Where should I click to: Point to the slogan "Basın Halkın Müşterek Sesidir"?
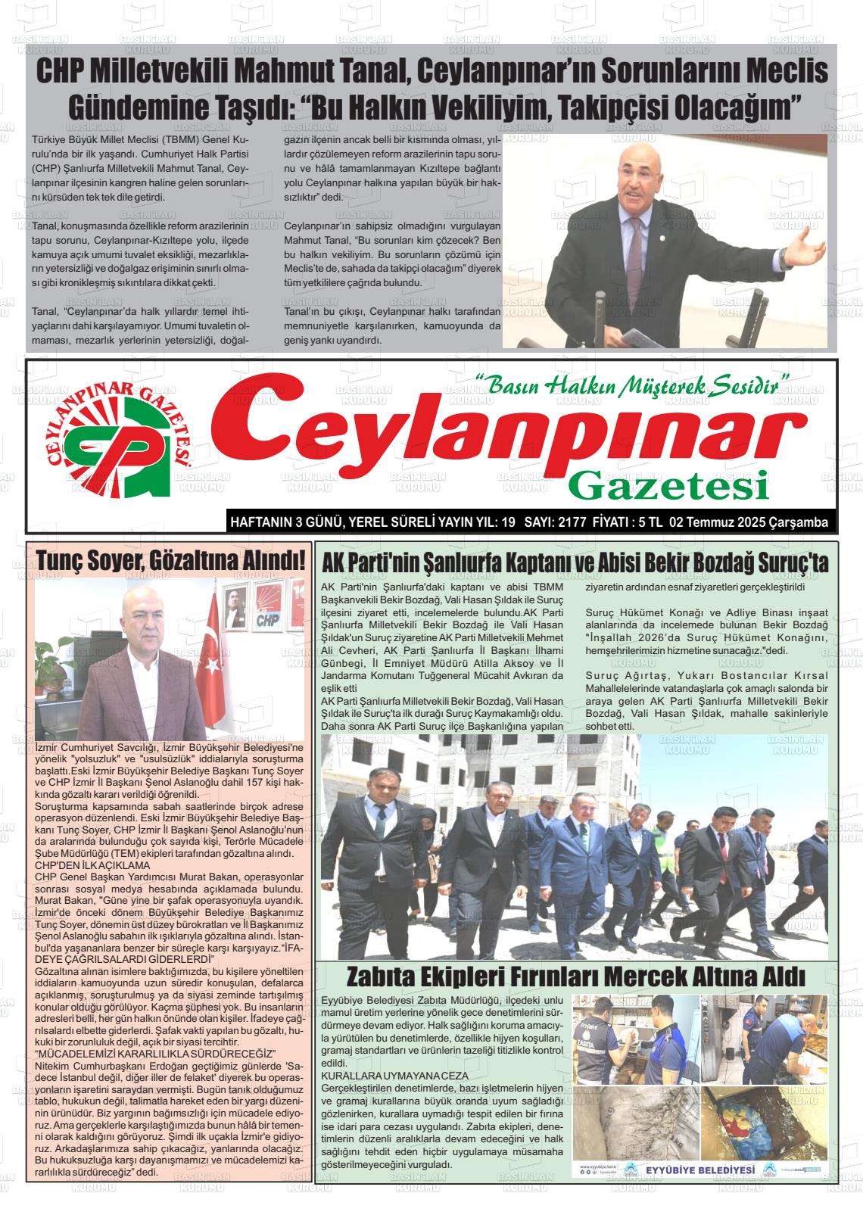coord(631,385)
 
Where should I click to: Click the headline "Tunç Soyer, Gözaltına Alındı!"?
coord(171,561)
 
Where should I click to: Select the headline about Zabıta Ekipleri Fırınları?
coord(575,975)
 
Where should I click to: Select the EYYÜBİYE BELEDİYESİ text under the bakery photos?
coord(700,1170)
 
